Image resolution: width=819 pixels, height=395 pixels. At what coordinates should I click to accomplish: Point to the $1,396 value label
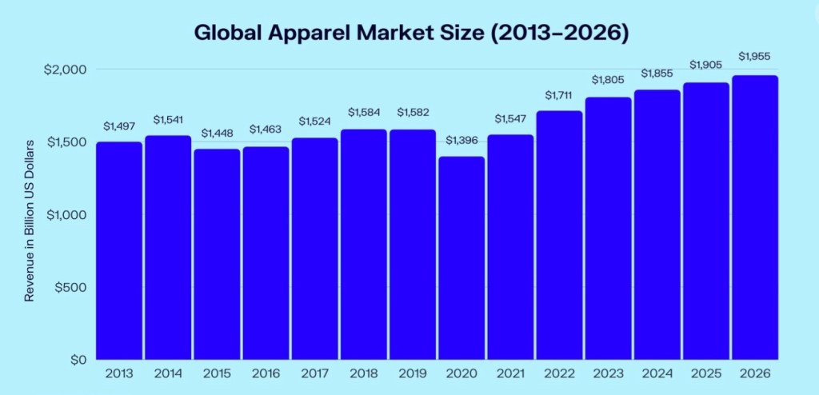click(461, 141)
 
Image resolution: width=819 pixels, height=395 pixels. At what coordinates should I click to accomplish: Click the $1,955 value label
click(755, 56)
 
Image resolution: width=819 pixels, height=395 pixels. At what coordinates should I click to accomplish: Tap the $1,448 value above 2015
click(217, 133)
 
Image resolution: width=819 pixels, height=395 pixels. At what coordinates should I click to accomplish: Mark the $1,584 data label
click(364, 111)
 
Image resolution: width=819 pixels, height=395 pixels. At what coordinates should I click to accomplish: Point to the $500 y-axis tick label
click(69, 287)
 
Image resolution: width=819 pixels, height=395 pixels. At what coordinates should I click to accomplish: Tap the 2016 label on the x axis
click(266, 374)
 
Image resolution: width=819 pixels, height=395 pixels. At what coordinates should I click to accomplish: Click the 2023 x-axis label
click(609, 374)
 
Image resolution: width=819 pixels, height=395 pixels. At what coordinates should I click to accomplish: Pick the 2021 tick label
click(510, 374)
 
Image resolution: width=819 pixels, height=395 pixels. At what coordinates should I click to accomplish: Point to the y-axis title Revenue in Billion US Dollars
click(30, 221)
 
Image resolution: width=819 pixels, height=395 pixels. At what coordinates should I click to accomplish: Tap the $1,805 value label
click(609, 80)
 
